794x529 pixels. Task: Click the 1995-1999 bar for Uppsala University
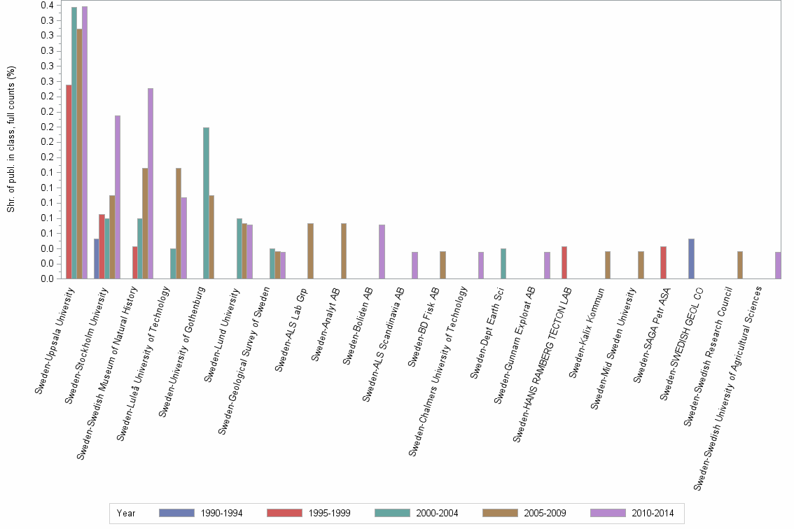[69, 182]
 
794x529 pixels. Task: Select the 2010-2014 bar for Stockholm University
[118, 197]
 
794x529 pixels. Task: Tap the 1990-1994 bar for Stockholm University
[97, 259]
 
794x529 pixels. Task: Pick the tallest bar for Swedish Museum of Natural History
[151, 183]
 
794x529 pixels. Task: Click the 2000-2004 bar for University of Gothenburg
[206, 203]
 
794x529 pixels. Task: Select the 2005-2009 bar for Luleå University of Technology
[179, 223]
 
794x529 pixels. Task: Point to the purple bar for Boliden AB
[382, 252]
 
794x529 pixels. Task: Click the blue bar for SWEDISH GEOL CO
[691, 259]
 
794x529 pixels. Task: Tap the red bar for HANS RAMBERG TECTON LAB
[564, 262]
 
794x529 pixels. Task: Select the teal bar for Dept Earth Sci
[503, 264]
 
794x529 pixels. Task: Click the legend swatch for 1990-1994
[176, 513]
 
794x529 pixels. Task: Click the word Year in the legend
[126, 513]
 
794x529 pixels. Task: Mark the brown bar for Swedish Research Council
[740, 264]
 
